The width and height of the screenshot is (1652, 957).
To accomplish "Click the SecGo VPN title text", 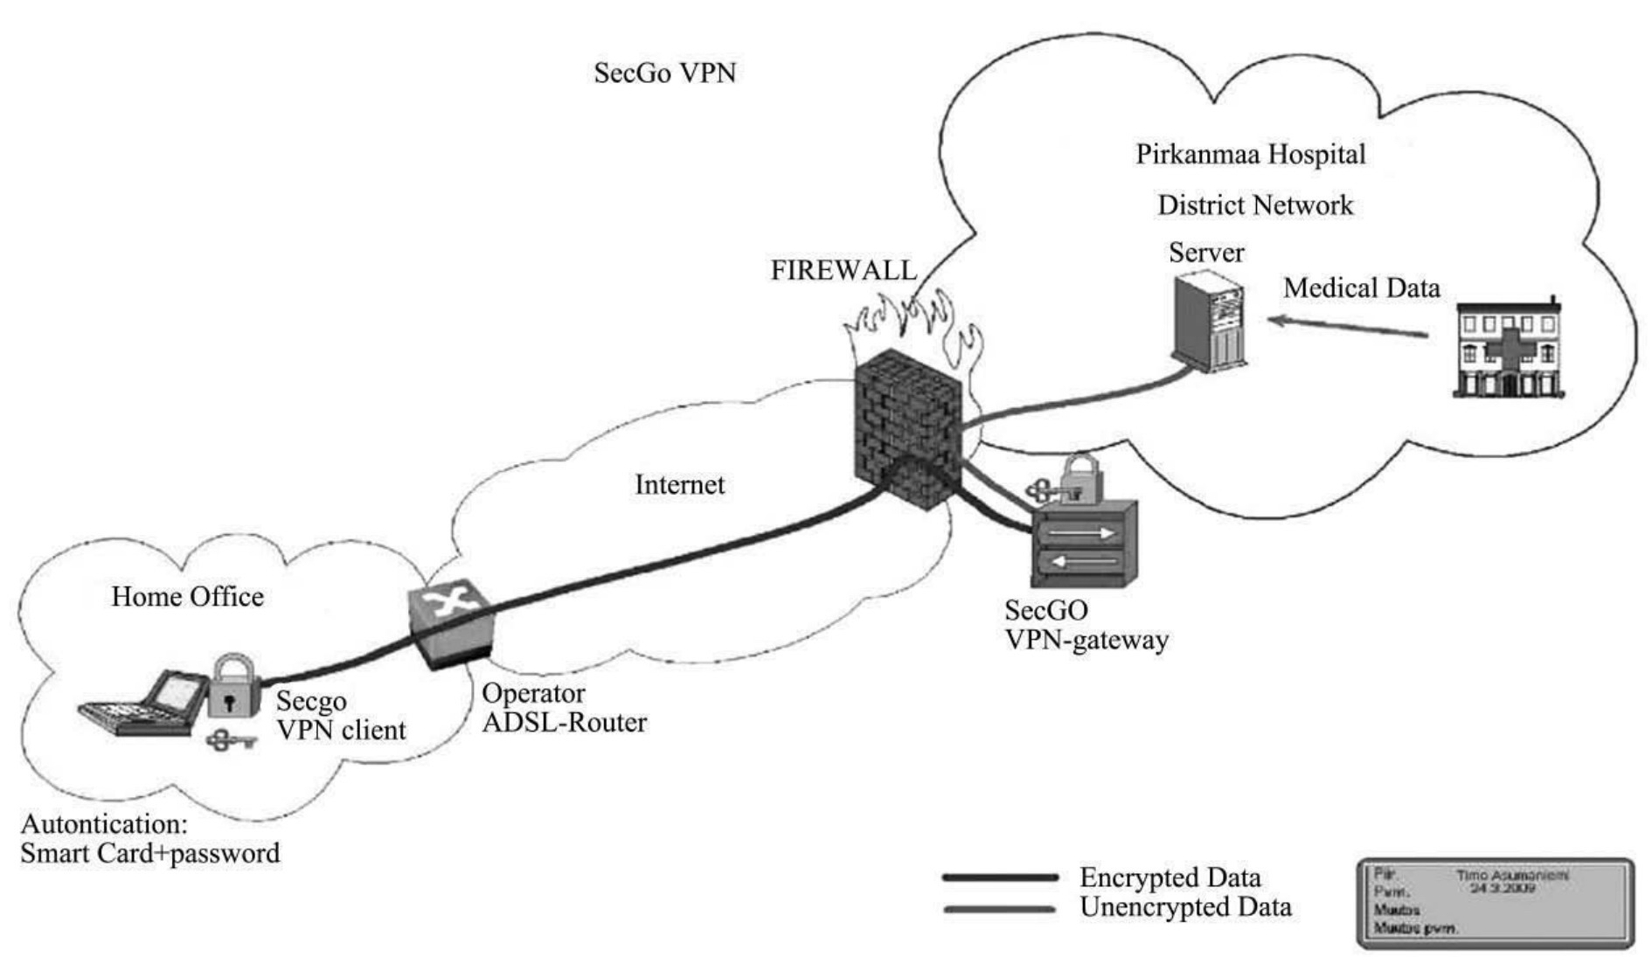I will point(664,73).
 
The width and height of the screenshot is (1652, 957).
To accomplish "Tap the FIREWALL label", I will point(843,270).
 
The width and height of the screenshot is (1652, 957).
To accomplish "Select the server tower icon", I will point(1209,321).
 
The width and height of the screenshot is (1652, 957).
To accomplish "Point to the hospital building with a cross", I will point(1507,350).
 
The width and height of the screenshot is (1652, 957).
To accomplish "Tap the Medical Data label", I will point(1361,288).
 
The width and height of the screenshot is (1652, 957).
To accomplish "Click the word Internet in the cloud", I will point(679,485).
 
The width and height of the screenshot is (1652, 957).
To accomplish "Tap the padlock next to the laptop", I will point(233,686).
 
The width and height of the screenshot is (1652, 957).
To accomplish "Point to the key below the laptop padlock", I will point(230,741).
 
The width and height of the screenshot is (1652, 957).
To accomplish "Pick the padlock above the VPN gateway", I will point(1080,477).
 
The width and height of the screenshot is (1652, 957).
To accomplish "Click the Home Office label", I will point(187,597).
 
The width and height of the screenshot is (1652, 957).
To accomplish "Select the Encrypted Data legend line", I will point(1000,877).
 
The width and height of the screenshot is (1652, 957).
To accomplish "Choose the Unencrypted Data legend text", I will point(1185,907).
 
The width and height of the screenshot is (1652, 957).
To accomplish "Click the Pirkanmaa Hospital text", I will point(1250,155).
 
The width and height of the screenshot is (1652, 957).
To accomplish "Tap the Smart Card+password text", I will point(150,854).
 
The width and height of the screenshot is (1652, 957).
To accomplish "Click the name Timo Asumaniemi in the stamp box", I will point(1512,875).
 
